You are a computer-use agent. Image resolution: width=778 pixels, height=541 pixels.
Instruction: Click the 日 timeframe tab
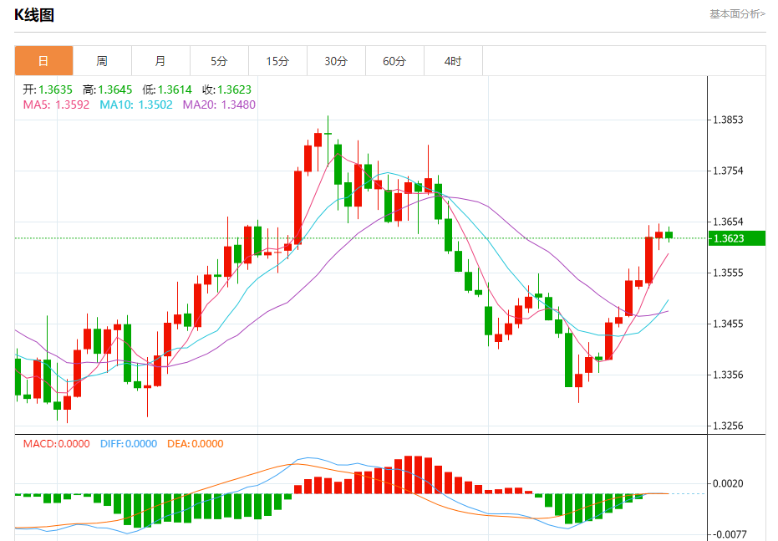tap(43, 61)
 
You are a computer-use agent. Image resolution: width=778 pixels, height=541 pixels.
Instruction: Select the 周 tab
tap(102, 61)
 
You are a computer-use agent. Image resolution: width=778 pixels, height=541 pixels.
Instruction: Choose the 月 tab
tap(160, 61)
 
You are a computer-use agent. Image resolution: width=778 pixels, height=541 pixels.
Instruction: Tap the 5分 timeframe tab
tap(219, 61)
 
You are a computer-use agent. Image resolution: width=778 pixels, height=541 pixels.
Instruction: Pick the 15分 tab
tap(277, 61)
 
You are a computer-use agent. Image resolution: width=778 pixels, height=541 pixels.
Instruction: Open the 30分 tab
tap(336, 61)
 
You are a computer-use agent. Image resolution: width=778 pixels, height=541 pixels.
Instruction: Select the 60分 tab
tap(394, 61)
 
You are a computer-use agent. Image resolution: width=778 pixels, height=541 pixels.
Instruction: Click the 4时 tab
tap(453, 61)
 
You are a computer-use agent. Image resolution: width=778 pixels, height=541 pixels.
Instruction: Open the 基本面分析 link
tap(736, 14)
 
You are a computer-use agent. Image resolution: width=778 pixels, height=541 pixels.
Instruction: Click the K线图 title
tap(34, 15)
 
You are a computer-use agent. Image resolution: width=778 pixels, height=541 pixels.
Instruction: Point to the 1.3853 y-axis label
tap(728, 120)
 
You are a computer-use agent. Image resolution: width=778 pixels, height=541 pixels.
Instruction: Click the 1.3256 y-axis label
tap(728, 426)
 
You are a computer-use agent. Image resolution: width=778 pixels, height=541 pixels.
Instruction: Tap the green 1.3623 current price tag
tap(736, 238)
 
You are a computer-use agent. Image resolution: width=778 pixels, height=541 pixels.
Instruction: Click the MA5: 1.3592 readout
tap(57, 105)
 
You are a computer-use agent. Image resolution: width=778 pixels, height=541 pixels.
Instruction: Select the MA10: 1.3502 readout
tap(136, 105)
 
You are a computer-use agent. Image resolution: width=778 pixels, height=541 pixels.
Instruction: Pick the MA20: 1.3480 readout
tap(219, 105)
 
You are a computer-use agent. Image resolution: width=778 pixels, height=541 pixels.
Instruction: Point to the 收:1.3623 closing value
tap(226, 89)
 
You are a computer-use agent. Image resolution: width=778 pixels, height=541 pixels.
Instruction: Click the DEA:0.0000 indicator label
tap(196, 444)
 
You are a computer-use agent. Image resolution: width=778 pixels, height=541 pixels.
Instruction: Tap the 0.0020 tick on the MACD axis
tap(728, 484)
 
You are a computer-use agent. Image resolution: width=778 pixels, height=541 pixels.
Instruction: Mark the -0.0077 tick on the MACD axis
tap(726, 534)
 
